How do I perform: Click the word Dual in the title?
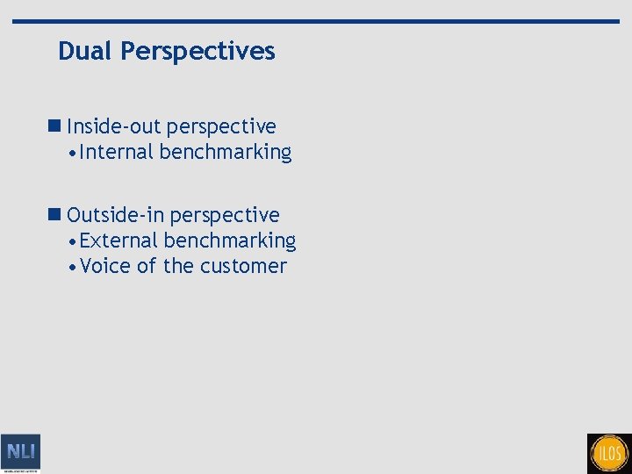coord(86,52)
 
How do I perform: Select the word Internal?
coord(117,153)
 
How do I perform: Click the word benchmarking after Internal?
coord(226,153)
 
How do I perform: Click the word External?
coord(118,241)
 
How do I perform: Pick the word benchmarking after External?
coord(230,241)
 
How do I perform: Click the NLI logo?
coord(20,453)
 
